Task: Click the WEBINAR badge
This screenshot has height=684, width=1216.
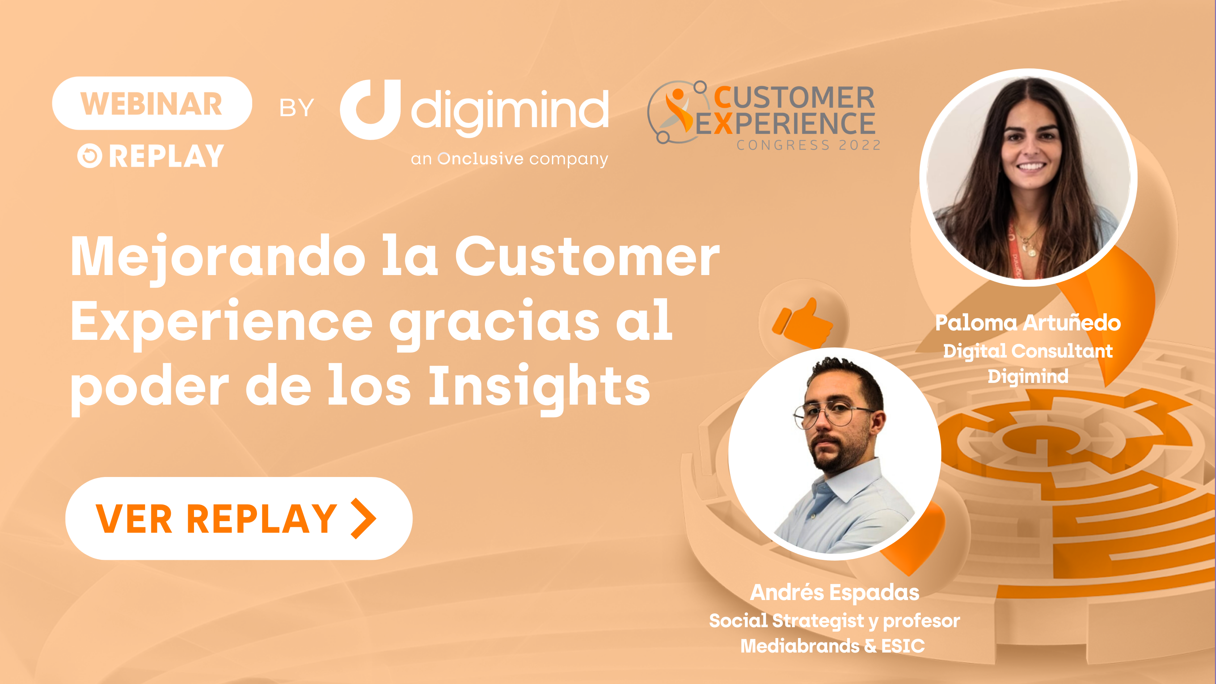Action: click(x=152, y=104)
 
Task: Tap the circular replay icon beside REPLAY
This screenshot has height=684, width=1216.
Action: click(x=90, y=156)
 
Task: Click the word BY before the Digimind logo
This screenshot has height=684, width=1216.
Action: click(x=296, y=108)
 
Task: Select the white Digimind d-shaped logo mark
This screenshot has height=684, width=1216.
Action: click(x=371, y=110)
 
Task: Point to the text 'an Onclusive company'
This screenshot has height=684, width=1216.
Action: click(x=509, y=159)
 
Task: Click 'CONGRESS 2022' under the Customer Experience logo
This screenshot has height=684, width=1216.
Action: click(x=808, y=145)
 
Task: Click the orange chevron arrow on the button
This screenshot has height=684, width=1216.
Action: click(x=363, y=518)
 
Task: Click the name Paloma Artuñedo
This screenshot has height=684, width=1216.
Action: click(x=1028, y=323)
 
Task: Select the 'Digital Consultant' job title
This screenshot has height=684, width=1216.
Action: click(x=1028, y=351)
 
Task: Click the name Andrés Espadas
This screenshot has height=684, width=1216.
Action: click(x=835, y=592)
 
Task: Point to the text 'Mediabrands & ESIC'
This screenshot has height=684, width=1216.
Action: click(x=832, y=646)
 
